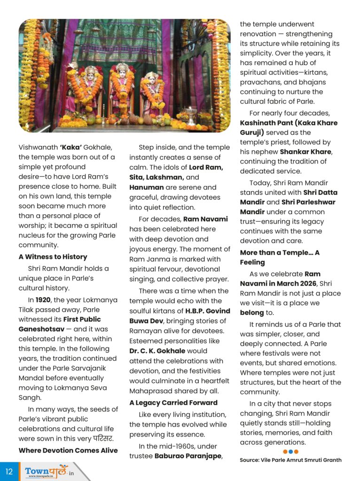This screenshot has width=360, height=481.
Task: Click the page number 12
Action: click(9, 471)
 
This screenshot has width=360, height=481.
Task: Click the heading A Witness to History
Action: click(53, 257)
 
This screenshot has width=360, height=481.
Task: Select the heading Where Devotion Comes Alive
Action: click(68, 450)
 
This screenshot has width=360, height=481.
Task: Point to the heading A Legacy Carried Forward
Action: click(173, 403)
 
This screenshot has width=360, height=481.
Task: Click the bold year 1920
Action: click(43, 300)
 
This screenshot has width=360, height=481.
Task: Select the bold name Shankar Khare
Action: click(305, 152)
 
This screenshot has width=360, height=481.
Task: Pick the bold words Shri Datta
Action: click(320, 193)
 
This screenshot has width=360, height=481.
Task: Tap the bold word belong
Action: click(252, 312)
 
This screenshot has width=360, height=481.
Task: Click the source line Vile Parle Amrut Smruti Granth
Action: click(290, 460)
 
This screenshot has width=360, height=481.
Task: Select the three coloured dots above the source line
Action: click(290, 452)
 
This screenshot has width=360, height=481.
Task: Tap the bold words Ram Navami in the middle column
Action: click(205, 219)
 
